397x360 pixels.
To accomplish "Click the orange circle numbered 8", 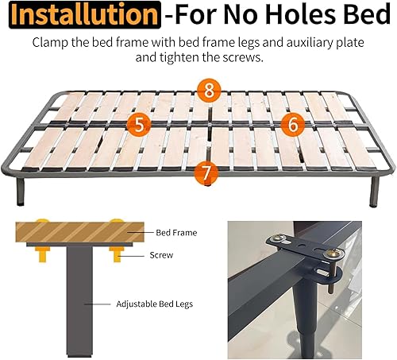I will point(209,90).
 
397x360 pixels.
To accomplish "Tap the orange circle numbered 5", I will point(139,124).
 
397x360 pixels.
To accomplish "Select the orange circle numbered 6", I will point(292,123).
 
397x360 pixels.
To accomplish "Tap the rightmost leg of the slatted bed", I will point(374,195).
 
